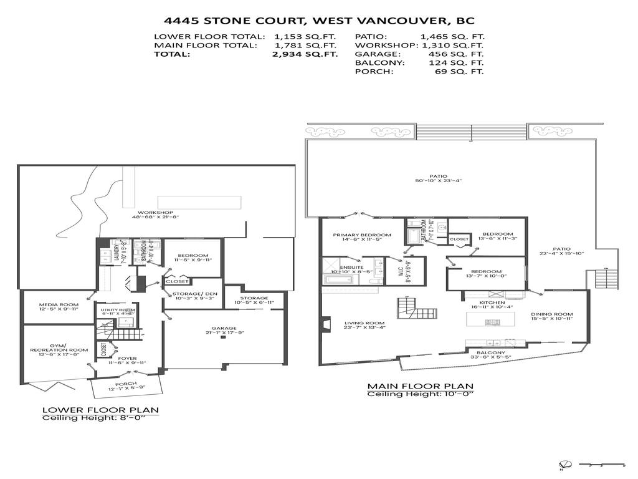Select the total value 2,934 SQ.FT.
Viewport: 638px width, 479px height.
[305, 54]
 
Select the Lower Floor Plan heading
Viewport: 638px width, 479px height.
[100, 410]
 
